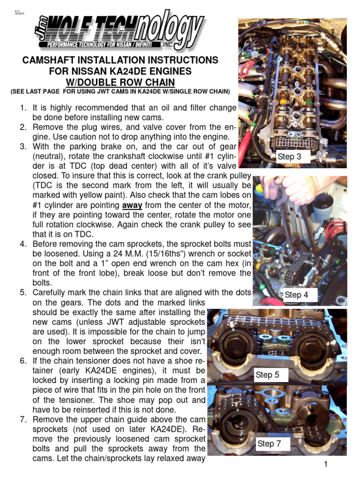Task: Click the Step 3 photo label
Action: click(x=289, y=157)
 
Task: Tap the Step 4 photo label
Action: click(x=296, y=295)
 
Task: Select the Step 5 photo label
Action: click(x=267, y=375)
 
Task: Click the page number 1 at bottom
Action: click(x=324, y=464)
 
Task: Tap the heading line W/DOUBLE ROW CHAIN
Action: click(x=120, y=82)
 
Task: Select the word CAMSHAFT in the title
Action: click(x=52, y=60)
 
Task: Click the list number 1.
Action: click(x=23, y=108)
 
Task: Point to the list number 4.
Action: click(x=23, y=244)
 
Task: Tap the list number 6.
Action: click(x=23, y=361)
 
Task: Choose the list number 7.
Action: click(x=23, y=419)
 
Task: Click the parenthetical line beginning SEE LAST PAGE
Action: click(x=120, y=91)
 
